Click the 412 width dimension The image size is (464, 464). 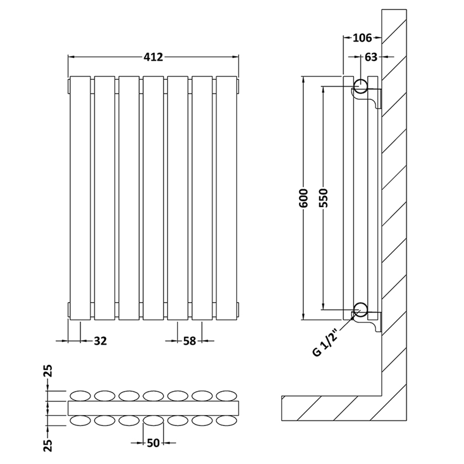pos(153,57)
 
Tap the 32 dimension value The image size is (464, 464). pos(100,341)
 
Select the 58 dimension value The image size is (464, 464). pos(189,341)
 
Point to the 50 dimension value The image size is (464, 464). pos(154,443)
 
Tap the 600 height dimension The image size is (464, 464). pos(304,199)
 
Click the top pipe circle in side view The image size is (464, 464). pos(361,85)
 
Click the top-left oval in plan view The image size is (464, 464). pos(81,395)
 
